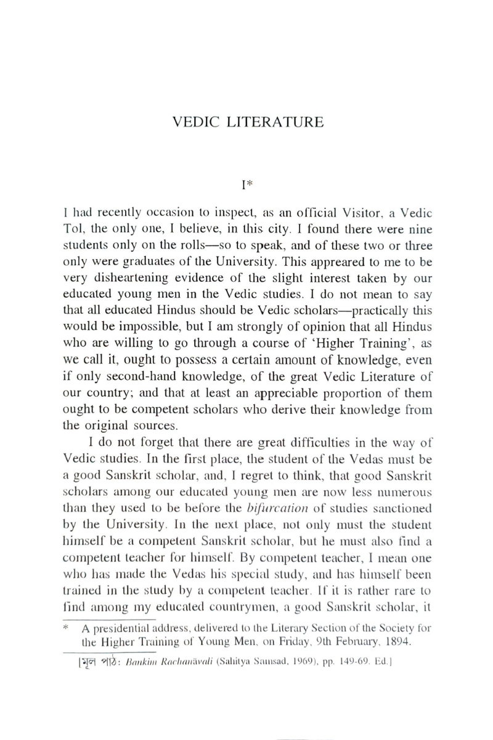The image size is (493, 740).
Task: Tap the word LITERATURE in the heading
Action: pos(275,121)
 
